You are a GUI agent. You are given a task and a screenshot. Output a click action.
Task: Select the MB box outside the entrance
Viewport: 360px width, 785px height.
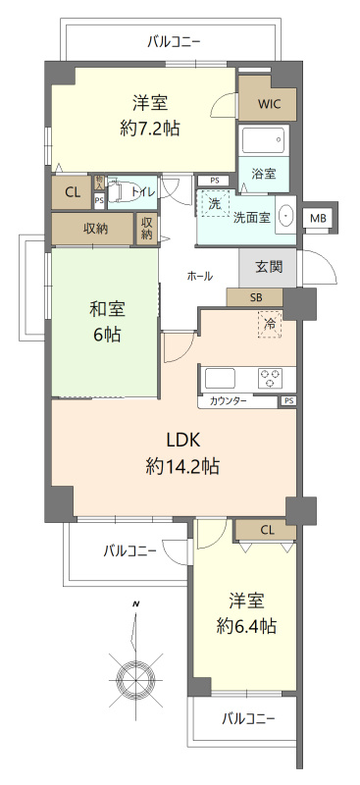tap(318, 218)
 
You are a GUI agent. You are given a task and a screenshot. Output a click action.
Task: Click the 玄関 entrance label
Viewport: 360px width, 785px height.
tap(269, 265)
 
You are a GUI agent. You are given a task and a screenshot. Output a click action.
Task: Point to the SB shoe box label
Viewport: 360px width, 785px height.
tap(255, 297)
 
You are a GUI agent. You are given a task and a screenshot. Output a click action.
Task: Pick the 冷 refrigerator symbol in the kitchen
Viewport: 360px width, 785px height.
tap(269, 324)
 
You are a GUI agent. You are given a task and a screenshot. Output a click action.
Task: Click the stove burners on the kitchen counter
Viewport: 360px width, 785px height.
tap(271, 378)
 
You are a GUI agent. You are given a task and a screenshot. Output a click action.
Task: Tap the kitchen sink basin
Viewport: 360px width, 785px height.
tap(219, 378)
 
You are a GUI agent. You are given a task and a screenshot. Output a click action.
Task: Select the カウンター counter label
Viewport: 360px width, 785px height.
tap(229, 401)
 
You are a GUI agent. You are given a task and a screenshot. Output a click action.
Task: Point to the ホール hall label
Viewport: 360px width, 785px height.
tap(199, 277)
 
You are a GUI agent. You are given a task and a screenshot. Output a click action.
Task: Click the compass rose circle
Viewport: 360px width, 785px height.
tap(134, 676)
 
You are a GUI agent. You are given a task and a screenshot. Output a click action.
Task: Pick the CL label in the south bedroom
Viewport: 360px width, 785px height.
tap(266, 531)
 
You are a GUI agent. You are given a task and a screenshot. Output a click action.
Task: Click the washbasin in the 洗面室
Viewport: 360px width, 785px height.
tap(286, 216)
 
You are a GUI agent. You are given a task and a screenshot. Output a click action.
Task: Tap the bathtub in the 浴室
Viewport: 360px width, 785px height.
tap(263, 139)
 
